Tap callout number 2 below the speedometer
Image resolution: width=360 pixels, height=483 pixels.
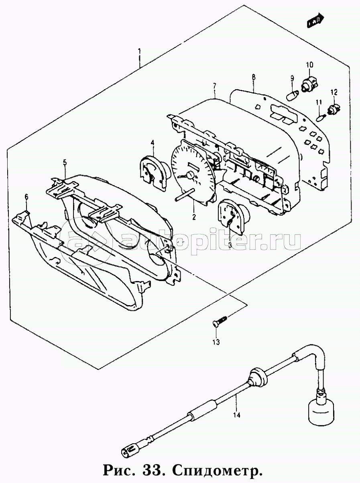pos(194,217)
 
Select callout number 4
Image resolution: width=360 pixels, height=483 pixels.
pos(153,143)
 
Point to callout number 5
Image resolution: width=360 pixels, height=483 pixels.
pos(65,162)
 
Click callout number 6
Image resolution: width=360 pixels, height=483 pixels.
pos(26,197)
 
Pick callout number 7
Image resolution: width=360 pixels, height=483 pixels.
pos(215,86)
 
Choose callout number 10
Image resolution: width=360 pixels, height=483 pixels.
pos(309,65)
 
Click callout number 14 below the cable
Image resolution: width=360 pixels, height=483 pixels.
pos(237,415)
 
